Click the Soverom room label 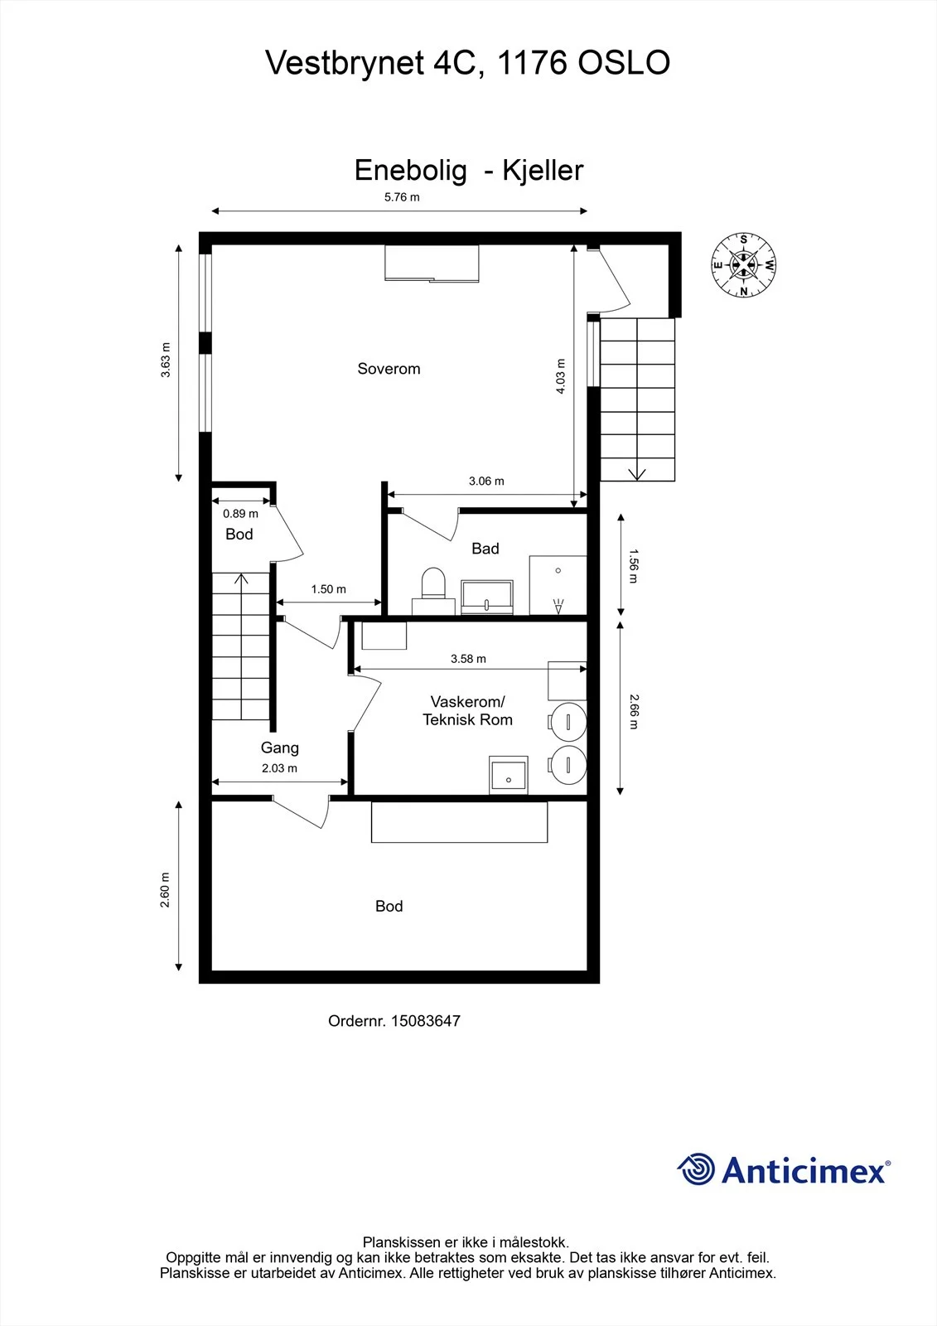tap(389, 369)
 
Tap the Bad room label tap(485, 549)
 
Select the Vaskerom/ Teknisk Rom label tap(467, 710)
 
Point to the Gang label tap(280, 748)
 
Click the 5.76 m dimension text tap(402, 197)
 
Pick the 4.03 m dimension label tap(561, 376)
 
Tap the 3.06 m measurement tap(486, 482)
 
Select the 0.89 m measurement tap(240, 514)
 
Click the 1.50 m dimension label tap(329, 589)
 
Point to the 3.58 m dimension tap(468, 659)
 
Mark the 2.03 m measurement tap(279, 768)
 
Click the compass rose tap(743, 264)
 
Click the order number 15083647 tap(426, 1020)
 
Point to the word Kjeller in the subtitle tap(543, 171)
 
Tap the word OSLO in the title tap(624, 63)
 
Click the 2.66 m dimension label tap(633, 712)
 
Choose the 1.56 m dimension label tap(633, 567)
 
